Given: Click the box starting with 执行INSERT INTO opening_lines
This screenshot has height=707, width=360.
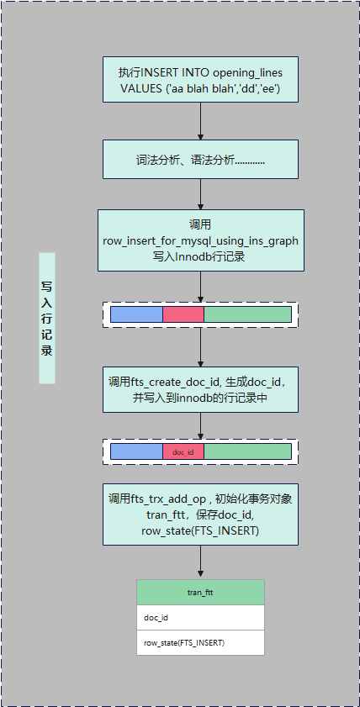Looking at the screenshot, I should [x=200, y=81].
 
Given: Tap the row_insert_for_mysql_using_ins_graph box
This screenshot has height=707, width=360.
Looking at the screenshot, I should [x=200, y=240].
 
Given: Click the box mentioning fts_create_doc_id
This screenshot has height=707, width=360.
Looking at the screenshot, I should [x=200, y=389].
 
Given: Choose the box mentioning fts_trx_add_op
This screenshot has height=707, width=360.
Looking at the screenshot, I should [x=200, y=514].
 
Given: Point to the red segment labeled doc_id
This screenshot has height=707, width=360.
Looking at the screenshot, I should [x=183, y=452].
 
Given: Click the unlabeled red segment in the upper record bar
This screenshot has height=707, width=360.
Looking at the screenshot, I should [x=183, y=314].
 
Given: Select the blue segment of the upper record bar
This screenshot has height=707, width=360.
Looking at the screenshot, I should [x=136, y=314].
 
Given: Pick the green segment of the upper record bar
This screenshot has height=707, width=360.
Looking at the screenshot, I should [x=247, y=314].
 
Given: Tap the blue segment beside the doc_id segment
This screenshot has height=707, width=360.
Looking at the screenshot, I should [x=136, y=452].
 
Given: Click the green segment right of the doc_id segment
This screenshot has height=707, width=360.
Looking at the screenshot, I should [x=247, y=452].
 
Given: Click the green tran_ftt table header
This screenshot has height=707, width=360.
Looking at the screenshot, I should [x=200, y=593].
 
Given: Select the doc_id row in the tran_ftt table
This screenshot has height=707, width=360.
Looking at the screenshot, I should [x=200, y=618].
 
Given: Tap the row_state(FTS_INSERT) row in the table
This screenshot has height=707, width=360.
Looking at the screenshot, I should [x=200, y=643].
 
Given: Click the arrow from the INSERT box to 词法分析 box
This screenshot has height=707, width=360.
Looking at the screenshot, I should [x=200, y=122].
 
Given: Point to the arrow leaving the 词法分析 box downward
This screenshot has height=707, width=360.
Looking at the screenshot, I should [x=200, y=195].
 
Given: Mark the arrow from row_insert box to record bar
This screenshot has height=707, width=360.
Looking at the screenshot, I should [x=200, y=287].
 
